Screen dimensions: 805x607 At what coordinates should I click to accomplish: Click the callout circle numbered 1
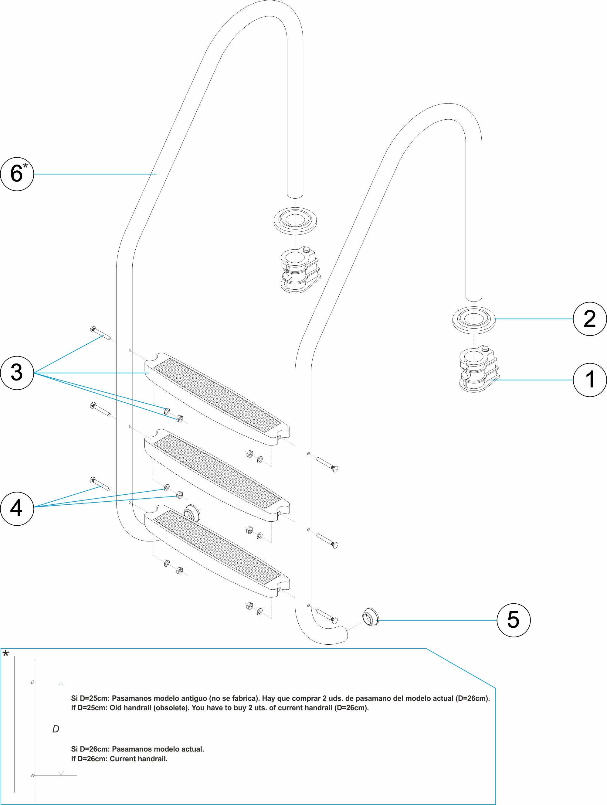(x=589, y=380)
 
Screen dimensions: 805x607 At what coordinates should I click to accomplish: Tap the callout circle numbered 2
(x=589, y=319)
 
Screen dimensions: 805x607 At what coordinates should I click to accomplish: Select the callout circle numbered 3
(x=17, y=373)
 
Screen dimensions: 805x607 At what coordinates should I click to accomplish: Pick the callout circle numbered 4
(x=17, y=508)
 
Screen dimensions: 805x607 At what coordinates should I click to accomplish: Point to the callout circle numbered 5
(x=513, y=620)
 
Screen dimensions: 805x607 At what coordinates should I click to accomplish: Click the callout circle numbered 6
(x=17, y=174)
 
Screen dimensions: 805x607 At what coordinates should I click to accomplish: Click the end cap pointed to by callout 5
(x=370, y=616)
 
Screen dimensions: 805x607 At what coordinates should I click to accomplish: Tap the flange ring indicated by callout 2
(x=473, y=320)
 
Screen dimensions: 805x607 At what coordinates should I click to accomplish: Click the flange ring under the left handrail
(x=295, y=221)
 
